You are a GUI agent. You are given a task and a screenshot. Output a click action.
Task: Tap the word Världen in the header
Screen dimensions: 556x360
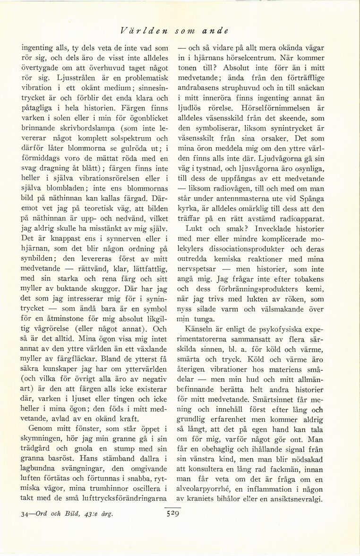140,31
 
